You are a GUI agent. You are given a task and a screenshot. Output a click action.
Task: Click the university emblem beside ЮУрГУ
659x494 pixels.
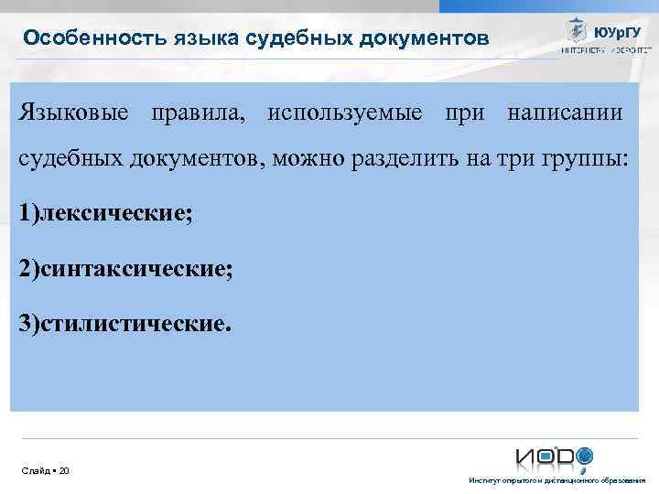click(577, 30)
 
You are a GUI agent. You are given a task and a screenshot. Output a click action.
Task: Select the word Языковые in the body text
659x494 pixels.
click(71, 113)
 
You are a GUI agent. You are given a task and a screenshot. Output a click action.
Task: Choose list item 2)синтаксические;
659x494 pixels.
click(125, 268)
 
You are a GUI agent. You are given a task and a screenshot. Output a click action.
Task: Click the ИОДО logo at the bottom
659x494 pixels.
click(553, 456)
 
